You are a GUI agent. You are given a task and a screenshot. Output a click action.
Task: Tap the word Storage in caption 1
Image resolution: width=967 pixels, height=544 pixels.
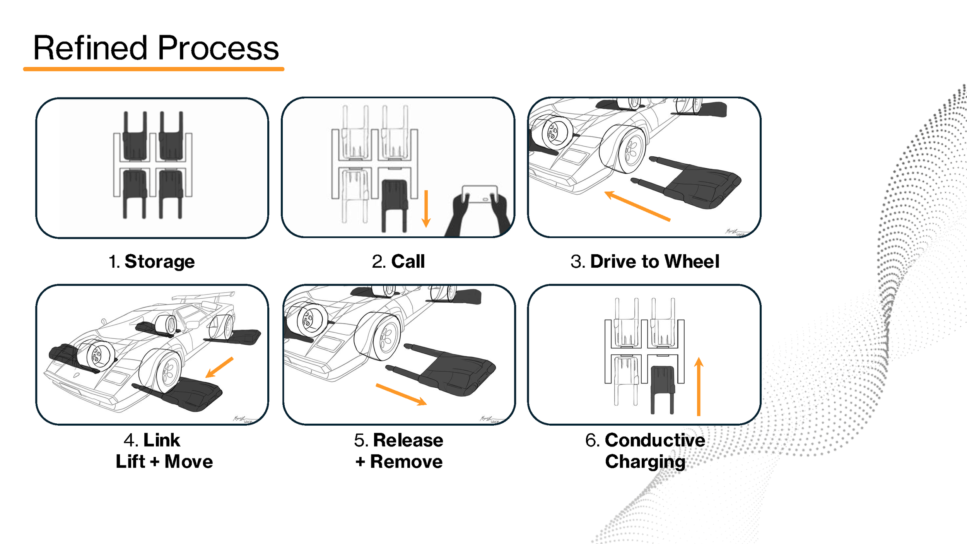coord(159,262)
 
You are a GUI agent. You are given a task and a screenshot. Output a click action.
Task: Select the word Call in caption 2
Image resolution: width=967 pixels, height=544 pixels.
coord(408,262)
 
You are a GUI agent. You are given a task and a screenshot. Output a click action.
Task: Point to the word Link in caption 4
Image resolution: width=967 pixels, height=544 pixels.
coord(162,440)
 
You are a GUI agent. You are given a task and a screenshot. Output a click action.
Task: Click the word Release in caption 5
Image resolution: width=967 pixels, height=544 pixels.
coord(408,440)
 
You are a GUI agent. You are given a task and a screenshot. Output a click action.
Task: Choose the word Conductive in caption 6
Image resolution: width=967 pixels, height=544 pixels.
coord(655,440)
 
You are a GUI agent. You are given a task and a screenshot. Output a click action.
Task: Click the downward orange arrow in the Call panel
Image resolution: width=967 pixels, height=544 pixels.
coord(426,209)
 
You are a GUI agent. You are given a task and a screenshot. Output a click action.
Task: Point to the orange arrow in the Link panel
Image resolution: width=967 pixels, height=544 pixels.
coord(219,367)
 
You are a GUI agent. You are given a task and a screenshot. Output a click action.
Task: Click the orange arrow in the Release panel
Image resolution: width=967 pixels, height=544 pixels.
coord(401,395)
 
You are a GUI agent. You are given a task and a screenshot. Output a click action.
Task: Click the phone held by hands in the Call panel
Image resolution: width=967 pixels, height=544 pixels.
coord(480,194)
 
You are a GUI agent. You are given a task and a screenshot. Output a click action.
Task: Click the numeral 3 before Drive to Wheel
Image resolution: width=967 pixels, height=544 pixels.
coord(577,262)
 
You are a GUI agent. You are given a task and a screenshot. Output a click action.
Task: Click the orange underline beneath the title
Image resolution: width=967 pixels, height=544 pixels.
coord(154,69)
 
